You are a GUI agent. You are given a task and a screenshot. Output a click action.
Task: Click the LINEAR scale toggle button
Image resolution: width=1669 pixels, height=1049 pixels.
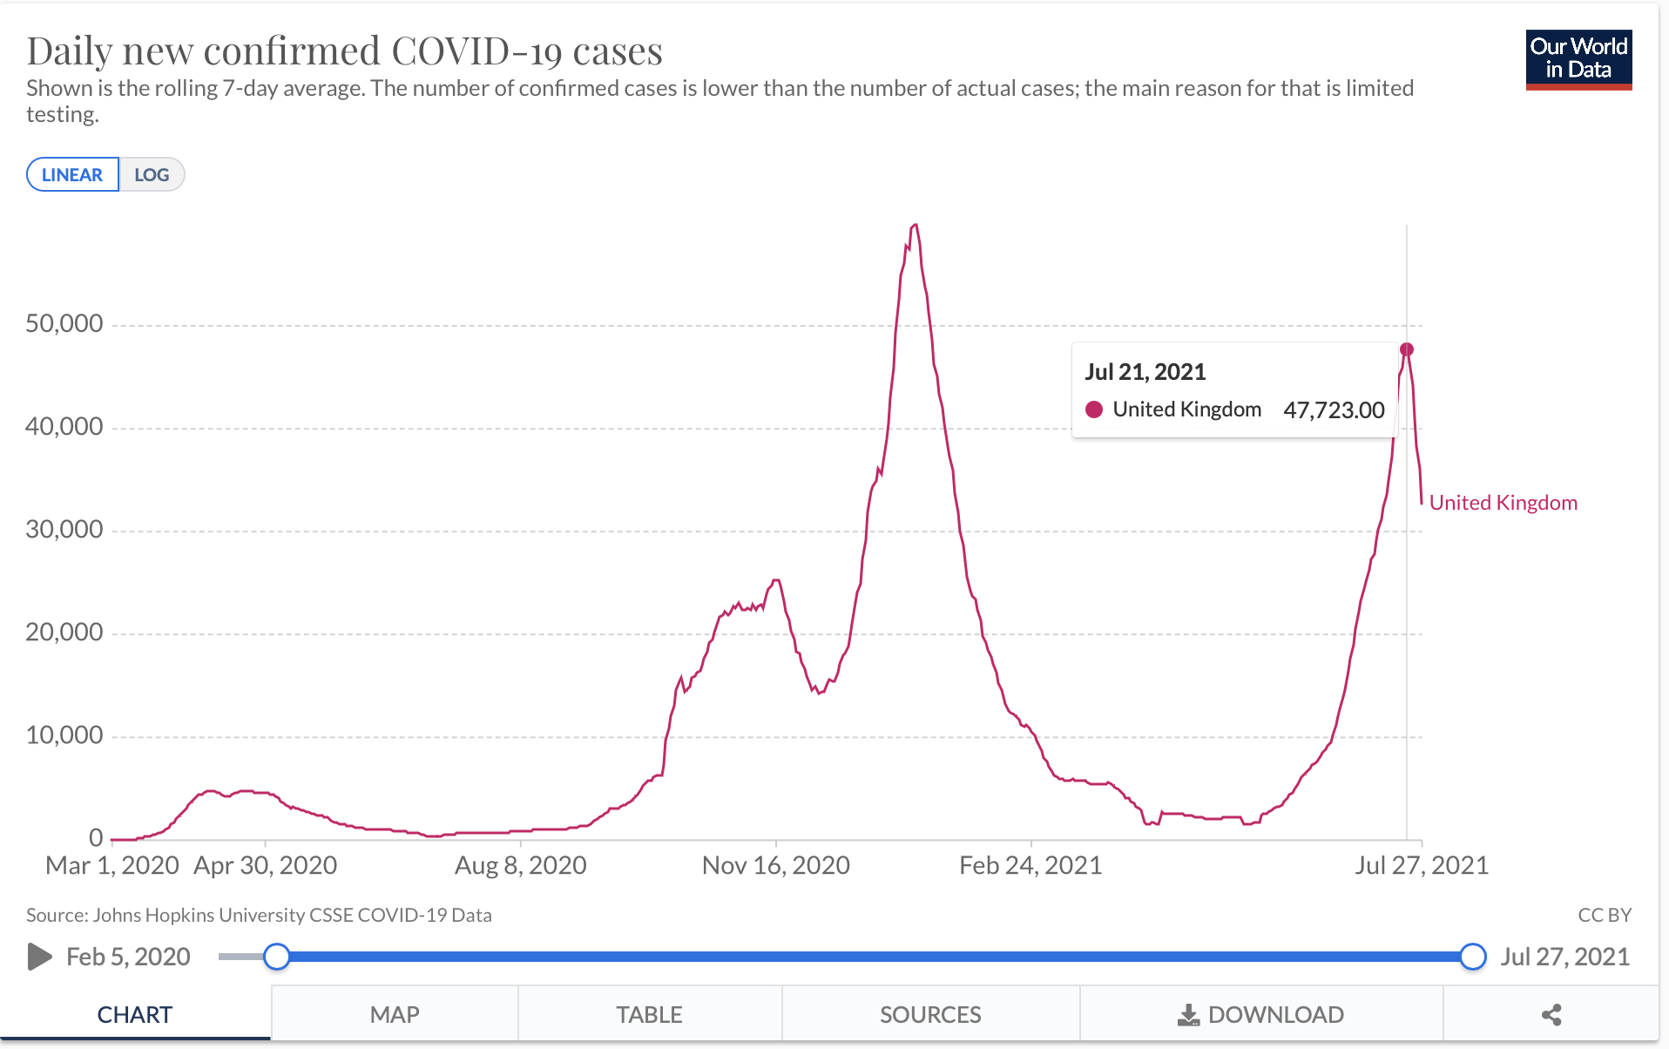72,174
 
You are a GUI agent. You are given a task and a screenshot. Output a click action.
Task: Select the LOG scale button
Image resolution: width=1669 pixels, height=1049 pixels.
152,174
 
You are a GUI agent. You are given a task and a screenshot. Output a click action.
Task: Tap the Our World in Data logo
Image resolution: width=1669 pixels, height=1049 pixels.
1578,59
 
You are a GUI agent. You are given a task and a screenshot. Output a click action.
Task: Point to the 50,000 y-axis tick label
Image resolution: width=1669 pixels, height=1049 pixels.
64,324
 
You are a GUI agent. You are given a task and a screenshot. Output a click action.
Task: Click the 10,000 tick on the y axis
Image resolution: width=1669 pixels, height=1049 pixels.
64,735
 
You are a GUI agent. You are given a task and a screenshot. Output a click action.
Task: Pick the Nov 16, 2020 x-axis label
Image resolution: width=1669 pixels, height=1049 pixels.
775,865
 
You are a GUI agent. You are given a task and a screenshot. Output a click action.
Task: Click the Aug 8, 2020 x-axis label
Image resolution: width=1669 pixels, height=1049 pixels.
520,865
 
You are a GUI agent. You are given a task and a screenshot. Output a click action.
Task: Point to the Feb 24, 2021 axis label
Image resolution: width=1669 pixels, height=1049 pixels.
1030,865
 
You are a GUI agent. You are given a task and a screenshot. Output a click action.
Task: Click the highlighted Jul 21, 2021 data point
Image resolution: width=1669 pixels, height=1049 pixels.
1406,349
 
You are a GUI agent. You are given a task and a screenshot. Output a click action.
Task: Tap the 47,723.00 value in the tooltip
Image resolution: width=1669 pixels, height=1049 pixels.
1334,409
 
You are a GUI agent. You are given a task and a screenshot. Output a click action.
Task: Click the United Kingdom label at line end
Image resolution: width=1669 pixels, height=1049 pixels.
1503,503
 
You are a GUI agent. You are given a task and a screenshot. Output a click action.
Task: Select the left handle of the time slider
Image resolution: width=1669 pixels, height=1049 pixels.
277,957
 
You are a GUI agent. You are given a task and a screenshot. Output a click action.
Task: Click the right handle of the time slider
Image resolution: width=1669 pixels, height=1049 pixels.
1473,957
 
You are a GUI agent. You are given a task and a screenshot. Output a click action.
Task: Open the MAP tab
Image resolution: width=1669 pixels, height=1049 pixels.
395,1014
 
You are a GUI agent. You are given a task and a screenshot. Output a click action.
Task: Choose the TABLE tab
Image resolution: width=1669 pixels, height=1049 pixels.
649,1014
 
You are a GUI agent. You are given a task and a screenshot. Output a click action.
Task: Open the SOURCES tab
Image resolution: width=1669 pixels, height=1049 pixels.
930,1014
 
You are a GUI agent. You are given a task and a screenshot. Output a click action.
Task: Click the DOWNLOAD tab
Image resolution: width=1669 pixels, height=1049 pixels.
1261,1014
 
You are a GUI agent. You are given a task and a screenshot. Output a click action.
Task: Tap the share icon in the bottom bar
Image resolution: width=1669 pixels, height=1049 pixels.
1551,1014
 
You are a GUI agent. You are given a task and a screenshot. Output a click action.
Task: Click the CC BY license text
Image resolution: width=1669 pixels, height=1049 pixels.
1605,915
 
